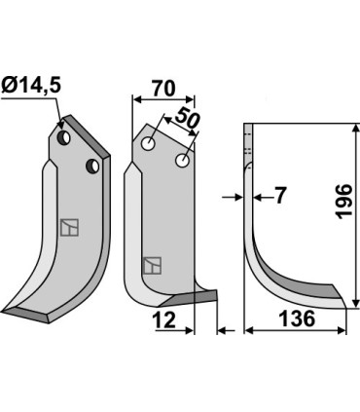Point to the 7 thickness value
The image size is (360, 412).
(x=278, y=197)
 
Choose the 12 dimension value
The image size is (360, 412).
(x=163, y=318)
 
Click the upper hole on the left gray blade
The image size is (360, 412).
(x=64, y=140)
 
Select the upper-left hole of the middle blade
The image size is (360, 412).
(x=149, y=144)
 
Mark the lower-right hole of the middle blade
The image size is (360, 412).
(x=181, y=159)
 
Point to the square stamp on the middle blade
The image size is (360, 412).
(x=152, y=264)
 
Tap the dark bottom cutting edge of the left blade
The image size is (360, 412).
(x=29, y=314)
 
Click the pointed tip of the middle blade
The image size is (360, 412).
(x=214, y=296)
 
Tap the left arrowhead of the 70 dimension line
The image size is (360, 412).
(x=135, y=98)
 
